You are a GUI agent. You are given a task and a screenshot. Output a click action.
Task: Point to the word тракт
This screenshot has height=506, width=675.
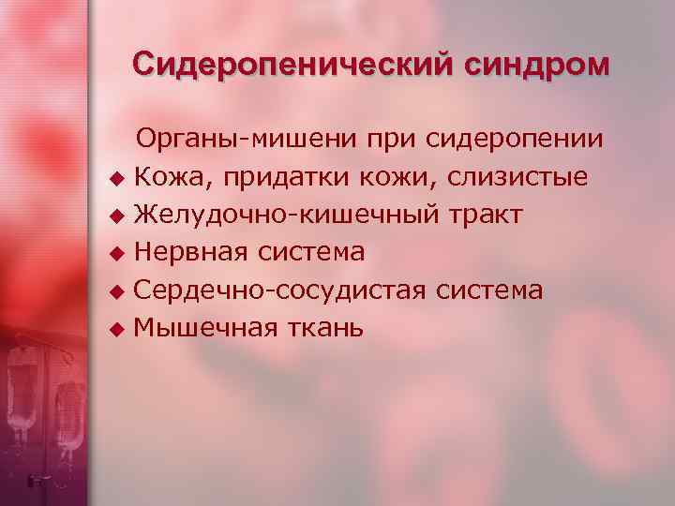[x=485, y=216]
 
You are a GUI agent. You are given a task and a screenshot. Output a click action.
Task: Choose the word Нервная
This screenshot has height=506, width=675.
[x=187, y=253]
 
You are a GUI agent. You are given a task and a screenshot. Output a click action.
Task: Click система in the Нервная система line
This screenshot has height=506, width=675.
[x=307, y=253]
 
